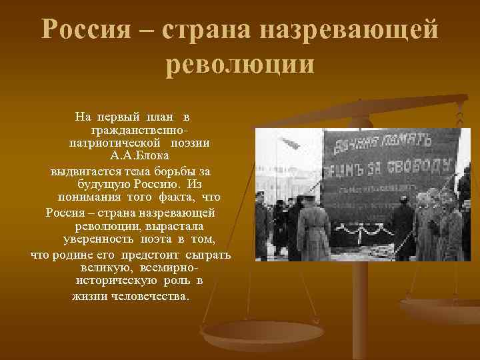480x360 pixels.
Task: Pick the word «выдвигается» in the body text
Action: (x=77, y=171)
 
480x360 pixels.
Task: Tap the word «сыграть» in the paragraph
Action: (x=209, y=254)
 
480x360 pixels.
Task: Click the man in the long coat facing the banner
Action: (x=312, y=230)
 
